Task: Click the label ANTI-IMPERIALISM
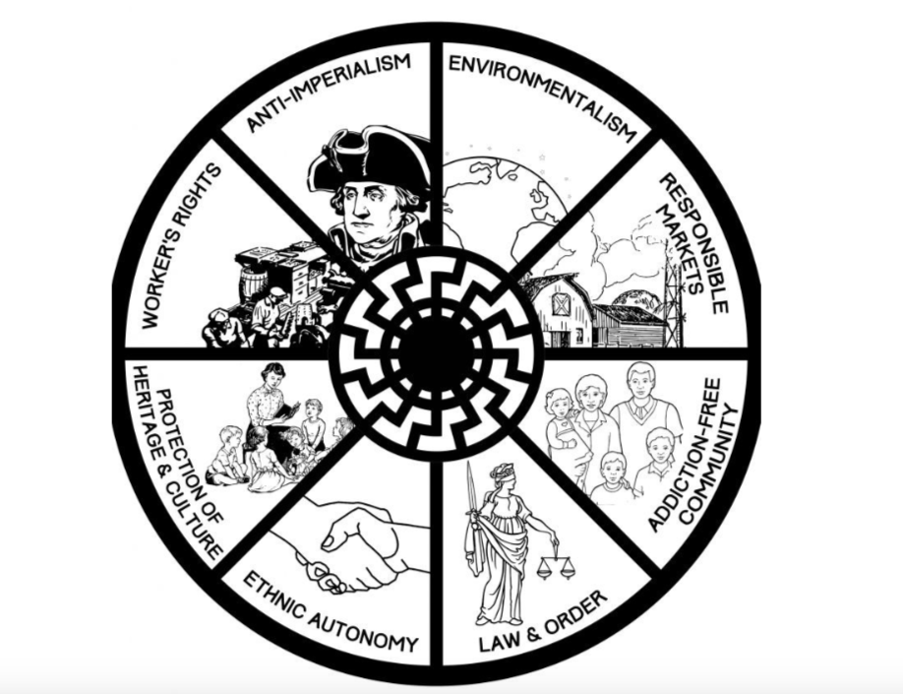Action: (x=330, y=92)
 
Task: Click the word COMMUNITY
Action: (x=709, y=466)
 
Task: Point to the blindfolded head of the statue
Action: (x=500, y=473)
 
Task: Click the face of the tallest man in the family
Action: (x=639, y=383)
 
